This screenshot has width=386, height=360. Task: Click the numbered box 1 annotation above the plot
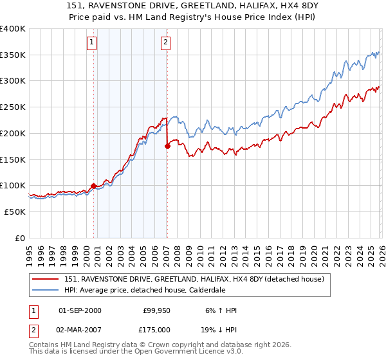[91, 43]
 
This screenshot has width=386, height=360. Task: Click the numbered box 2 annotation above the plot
[165, 43]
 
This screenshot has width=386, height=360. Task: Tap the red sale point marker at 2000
[93, 186]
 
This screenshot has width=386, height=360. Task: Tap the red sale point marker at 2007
[167, 147]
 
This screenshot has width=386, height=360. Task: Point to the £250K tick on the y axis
[13, 107]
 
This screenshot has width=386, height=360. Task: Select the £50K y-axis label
[15, 212]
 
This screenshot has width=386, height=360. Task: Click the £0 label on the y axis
[21, 238]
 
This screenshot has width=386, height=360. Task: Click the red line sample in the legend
[46, 278]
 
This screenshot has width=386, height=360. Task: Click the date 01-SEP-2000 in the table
[80, 310]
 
